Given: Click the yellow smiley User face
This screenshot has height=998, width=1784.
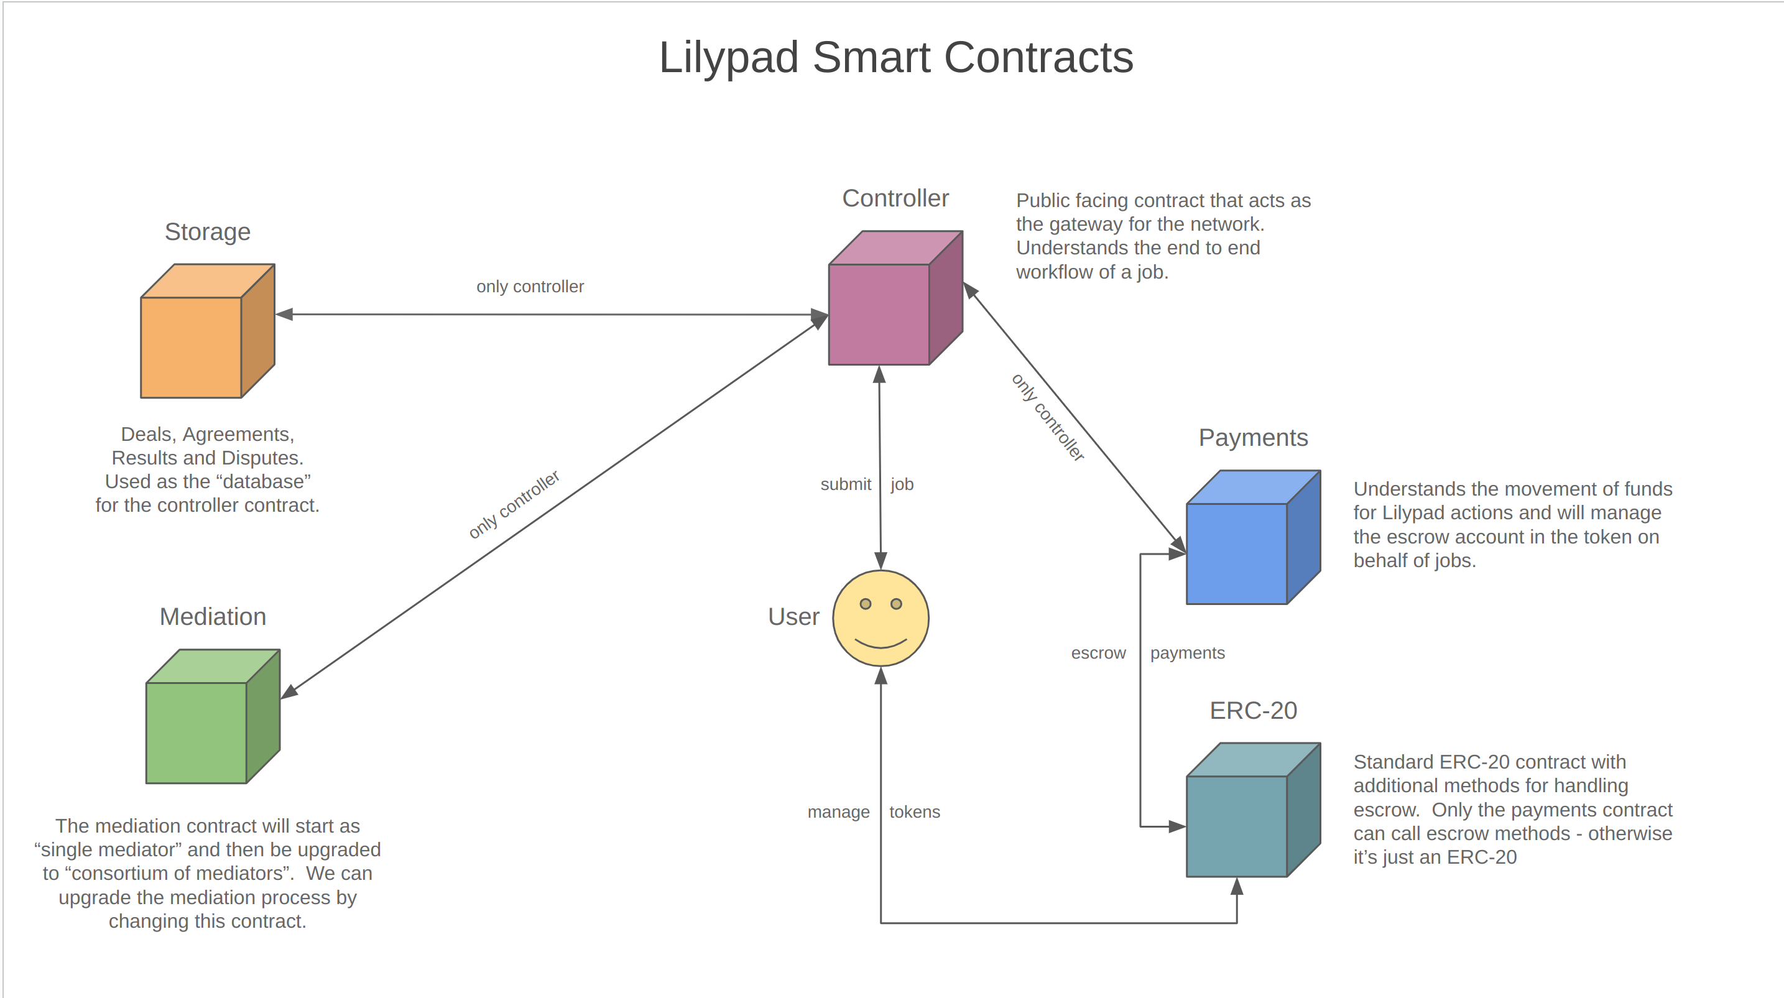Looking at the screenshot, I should [880, 619].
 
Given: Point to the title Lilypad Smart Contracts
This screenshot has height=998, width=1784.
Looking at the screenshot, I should [895, 57].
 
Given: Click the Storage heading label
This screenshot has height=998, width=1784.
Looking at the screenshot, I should [207, 232].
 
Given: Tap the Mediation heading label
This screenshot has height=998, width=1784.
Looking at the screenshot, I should [213, 616].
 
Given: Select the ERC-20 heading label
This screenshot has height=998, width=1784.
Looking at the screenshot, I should [1253, 711].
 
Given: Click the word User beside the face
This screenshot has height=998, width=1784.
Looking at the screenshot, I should [793, 616].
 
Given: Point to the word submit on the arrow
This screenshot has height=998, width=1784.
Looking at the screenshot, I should [845, 484].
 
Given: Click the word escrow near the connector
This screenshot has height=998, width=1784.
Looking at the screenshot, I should [1098, 653].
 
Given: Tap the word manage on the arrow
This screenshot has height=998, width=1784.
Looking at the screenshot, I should [838, 811].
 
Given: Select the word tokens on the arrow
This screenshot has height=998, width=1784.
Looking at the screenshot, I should [914, 811].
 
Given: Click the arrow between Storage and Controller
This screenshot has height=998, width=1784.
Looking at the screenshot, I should [554, 315].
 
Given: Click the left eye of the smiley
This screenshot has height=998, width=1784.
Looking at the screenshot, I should [865, 604].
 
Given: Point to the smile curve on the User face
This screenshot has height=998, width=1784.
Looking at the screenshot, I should [880, 645].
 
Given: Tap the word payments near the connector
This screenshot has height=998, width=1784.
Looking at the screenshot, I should [1187, 653].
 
